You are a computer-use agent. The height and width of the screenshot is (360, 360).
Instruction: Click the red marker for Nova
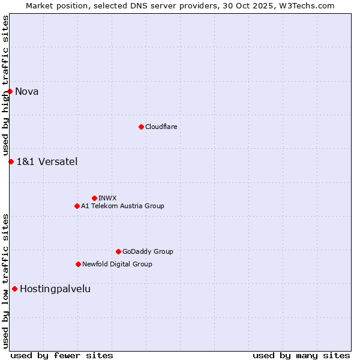point(10,91)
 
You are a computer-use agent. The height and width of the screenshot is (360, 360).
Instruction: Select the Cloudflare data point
point(141,127)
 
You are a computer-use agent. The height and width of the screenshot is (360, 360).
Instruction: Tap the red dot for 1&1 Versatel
point(11,161)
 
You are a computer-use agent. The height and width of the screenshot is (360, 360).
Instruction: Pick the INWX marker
point(94,198)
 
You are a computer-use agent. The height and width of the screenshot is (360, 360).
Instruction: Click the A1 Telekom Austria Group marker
point(77,206)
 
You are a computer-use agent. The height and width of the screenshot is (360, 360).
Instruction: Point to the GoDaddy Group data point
point(118,251)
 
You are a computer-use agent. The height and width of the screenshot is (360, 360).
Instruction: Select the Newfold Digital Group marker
point(78,264)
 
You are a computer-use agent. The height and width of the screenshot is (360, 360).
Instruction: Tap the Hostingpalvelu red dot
point(14,289)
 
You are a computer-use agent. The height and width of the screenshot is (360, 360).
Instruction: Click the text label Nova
point(27,92)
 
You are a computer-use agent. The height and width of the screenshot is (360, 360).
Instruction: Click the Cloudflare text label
point(161,127)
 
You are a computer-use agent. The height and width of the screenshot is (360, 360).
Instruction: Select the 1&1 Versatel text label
point(47,161)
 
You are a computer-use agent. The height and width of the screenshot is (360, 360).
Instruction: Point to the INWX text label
point(107,198)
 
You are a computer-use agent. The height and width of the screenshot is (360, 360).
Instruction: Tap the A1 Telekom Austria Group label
point(122,206)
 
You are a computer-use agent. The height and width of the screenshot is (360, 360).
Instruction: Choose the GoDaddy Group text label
point(148,251)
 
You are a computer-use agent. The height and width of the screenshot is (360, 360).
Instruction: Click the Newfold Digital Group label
point(117,264)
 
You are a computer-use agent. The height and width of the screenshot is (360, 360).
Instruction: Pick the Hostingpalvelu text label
point(55,289)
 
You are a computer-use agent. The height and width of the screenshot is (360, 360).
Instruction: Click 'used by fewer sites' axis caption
point(62,355)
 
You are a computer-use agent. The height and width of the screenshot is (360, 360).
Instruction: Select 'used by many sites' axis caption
point(301,355)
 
